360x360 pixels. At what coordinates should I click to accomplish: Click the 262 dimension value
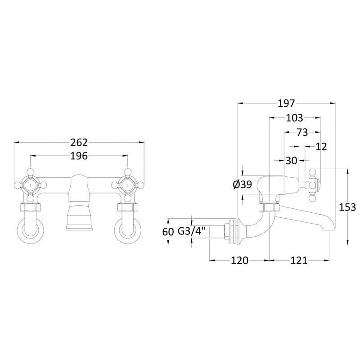pos(79,143)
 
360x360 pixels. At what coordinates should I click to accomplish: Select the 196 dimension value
pos(79,156)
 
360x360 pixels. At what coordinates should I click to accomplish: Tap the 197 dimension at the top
pos(286,103)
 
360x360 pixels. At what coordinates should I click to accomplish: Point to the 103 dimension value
pos(295,118)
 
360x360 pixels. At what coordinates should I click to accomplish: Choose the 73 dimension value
pos(302,132)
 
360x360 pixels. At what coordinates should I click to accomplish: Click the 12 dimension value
pos(321,147)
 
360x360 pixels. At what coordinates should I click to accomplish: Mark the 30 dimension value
pos(291,161)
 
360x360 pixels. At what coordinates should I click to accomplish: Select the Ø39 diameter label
pos(243,184)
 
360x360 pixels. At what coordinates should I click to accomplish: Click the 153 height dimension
pos(347,207)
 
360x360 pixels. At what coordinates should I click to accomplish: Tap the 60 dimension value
pos(168,232)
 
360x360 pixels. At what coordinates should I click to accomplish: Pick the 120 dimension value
pos(239,261)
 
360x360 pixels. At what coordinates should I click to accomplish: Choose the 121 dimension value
pos(299,261)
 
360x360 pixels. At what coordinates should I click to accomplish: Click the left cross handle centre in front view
pos(31,185)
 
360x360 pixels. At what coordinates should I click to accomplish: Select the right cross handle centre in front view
pos(127,185)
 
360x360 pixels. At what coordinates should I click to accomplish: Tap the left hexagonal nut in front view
pos(31,207)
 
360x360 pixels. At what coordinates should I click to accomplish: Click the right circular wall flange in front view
pos(127,232)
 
